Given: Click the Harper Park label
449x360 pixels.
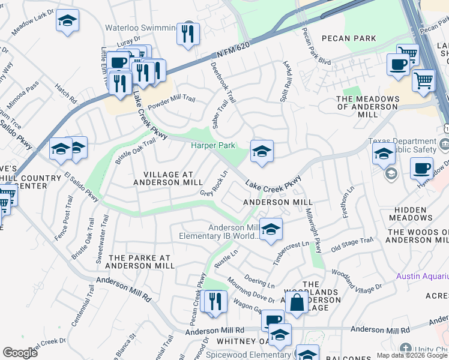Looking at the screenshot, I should pyautogui.click(x=212, y=145).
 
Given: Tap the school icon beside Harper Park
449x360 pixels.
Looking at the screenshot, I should pyautogui.click(x=262, y=152).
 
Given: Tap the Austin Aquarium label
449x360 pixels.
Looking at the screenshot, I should pyautogui.click(x=423, y=276).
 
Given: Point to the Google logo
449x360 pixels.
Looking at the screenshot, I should pyautogui.click(x=20, y=352).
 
